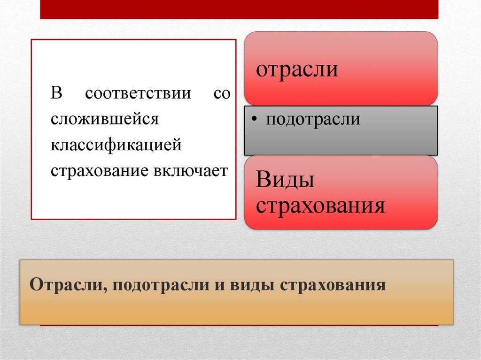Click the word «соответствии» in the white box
coord(138,93)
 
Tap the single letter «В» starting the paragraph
coord(57,93)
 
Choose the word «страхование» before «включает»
coord(100,170)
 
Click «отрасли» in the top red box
coord(297,69)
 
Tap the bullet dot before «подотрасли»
coord(254,120)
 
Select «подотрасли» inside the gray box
coord(313,119)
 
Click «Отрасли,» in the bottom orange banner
coord(68,285)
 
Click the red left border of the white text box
coord(31,129)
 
